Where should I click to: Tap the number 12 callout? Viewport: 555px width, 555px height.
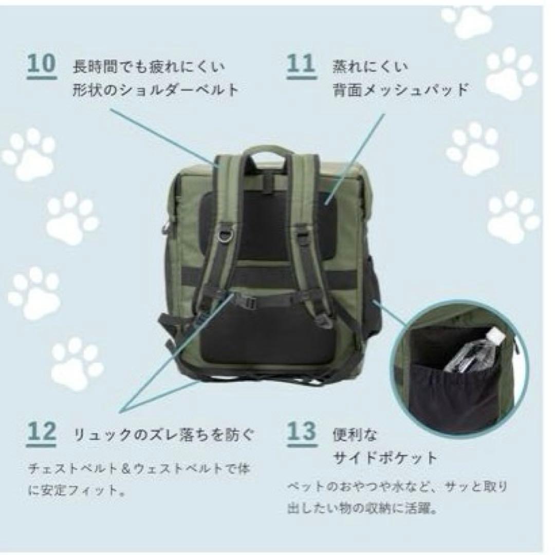pos(41,433)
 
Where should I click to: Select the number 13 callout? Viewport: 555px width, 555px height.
pos(301,433)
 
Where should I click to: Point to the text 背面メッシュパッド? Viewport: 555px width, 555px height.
pos(401,90)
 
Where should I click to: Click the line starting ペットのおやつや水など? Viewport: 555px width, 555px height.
pos(397,486)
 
